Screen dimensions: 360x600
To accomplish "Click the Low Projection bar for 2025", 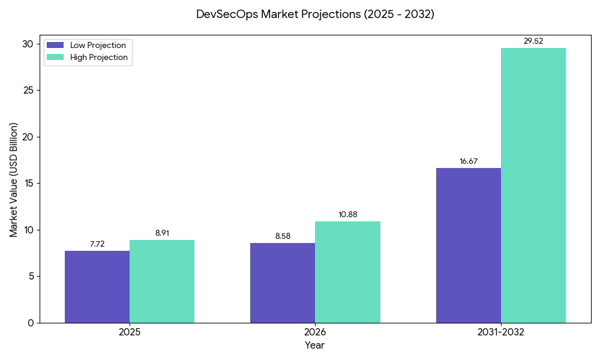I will (97, 287).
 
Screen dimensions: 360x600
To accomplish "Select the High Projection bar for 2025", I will (162, 281).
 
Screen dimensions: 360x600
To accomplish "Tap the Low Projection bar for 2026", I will (283, 283).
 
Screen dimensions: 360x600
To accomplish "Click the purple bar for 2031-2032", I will (468, 245).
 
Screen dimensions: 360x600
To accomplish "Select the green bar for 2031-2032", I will (533, 185).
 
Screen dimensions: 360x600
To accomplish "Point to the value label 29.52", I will (533, 41).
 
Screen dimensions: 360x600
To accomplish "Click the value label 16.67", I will (468, 161).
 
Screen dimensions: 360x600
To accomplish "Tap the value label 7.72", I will (97, 244).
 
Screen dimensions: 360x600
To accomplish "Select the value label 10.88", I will (347, 214).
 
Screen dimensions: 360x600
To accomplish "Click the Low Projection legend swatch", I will (56, 46).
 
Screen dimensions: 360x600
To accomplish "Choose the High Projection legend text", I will (99, 58).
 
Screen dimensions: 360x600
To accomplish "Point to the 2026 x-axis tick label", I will (315, 332).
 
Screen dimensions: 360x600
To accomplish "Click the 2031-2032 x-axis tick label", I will (500, 332).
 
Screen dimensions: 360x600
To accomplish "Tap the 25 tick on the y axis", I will (28, 91).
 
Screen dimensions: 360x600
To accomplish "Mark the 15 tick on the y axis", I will (28, 184).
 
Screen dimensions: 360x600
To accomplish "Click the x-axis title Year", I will (314, 346).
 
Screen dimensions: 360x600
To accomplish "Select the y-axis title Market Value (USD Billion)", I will (14, 180).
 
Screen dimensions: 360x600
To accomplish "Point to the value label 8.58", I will (283, 236).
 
